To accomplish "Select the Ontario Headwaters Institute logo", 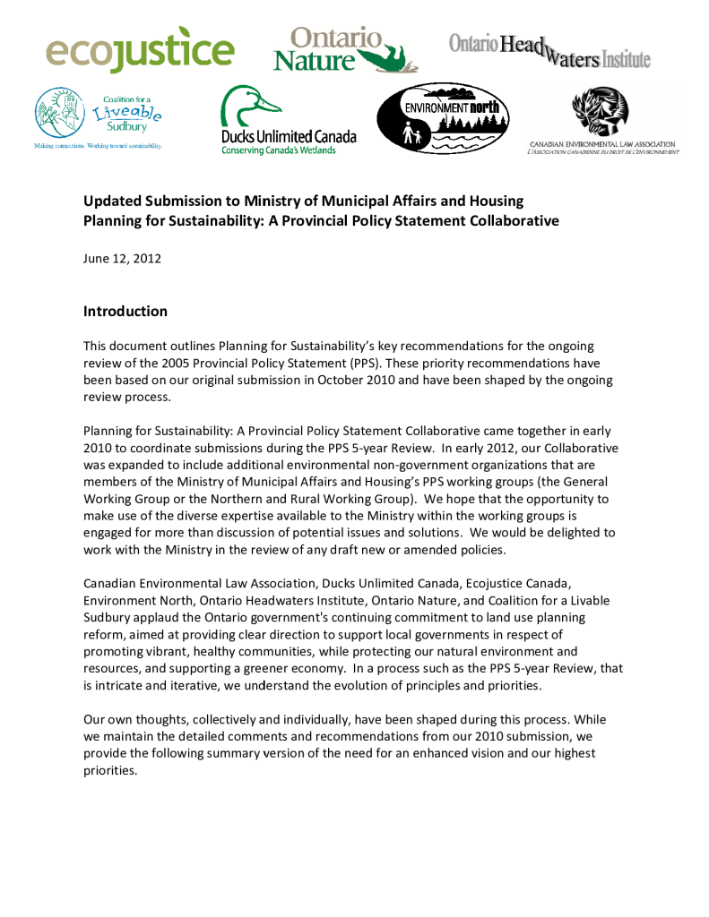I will pos(549,47).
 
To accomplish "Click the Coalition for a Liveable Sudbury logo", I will pos(98,118).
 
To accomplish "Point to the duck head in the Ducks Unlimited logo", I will pos(242,107).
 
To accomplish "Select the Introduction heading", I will pos(125,312).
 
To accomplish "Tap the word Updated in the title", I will pos(111,201).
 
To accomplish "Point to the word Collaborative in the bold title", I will pos(514,220).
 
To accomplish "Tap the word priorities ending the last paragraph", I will pos(110,770).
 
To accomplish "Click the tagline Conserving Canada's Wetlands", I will pos(279,150).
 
